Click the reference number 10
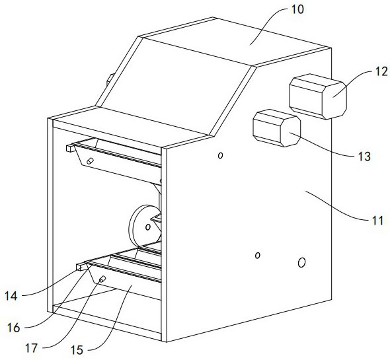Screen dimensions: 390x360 [297, 10]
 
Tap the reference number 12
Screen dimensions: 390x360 [381, 71]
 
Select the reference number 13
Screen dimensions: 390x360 [364, 157]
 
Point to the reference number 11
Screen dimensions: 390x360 [377, 221]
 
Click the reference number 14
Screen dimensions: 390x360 [11, 296]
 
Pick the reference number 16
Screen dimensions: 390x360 [13, 328]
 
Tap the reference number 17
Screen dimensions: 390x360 [31, 348]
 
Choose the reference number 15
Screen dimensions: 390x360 [77, 350]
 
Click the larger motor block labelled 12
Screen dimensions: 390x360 [318, 96]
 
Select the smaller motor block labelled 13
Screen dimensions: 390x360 [276, 128]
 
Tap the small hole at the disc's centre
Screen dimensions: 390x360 [148, 227]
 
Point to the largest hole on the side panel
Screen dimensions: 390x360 [301, 262]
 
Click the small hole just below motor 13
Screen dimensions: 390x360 [220, 155]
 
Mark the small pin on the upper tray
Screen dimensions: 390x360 [90, 161]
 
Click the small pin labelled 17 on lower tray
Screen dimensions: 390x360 [102, 279]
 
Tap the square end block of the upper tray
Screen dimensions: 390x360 [71, 148]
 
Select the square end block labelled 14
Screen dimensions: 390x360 [81, 267]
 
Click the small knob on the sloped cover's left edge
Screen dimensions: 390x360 [110, 79]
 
